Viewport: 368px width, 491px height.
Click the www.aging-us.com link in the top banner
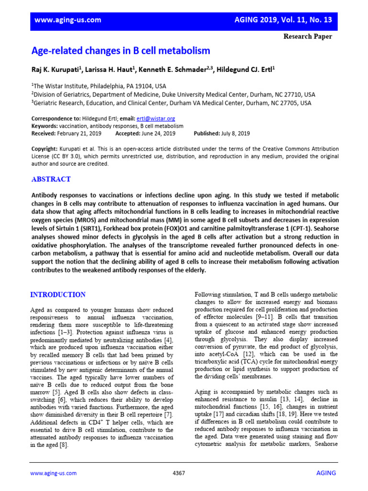click(x=68, y=20)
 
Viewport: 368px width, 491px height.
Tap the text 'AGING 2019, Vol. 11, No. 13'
click(x=283, y=20)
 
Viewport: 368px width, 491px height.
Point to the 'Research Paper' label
click(x=308, y=36)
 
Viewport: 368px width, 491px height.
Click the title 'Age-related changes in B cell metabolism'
click(x=121, y=51)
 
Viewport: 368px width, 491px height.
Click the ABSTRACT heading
click(x=51, y=179)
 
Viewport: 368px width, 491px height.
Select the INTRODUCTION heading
click(x=58, y=294)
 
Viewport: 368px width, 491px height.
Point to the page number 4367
click(x=178, y=473)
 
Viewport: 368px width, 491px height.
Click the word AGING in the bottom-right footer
click(x=326, y=473)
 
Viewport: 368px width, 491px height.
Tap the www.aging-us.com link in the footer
click(x=53, y=473)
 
